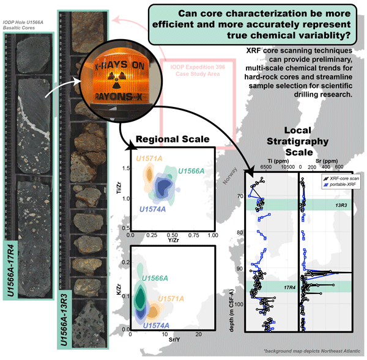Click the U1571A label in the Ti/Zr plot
pos(149,160)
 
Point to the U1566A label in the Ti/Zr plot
pos(191,171)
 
